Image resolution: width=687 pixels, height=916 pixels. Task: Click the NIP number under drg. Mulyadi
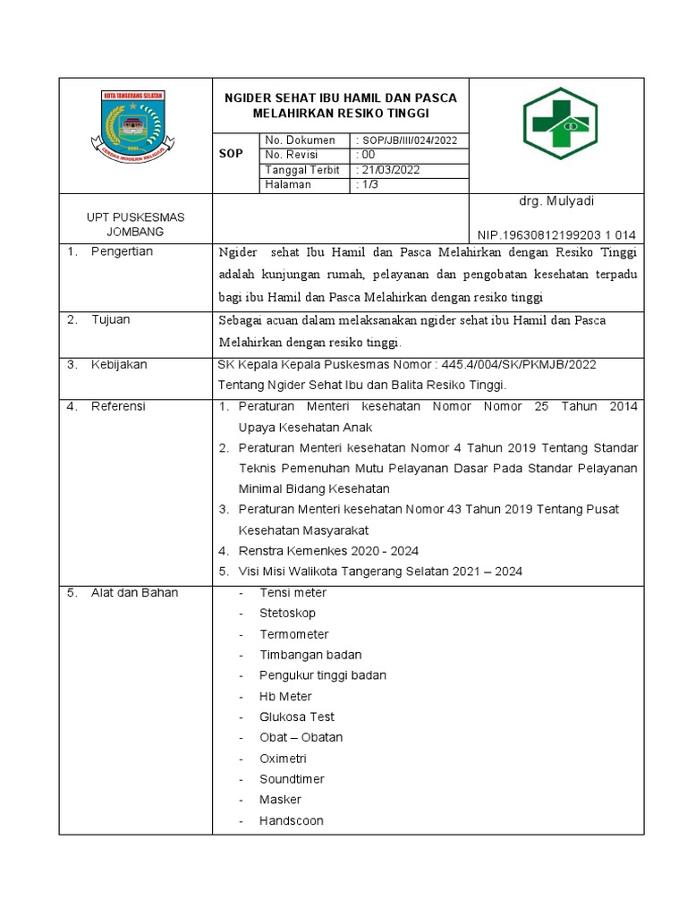(556, 234)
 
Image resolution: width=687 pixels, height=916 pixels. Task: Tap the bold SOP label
(231, 154)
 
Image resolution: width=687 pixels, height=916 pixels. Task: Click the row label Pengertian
(122, 251)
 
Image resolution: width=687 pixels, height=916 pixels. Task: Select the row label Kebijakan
(119, 365)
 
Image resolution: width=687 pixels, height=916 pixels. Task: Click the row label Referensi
(118, 407)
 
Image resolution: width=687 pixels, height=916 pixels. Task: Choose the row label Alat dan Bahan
(134, 593)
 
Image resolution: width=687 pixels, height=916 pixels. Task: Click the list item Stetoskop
(287, 614)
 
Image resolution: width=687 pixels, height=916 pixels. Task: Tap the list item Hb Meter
(285, 696)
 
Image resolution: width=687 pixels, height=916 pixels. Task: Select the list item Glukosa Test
(297, 717)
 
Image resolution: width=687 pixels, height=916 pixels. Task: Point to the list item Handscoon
(292, 820)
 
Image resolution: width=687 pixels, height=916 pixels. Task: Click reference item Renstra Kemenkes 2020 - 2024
(328, 551)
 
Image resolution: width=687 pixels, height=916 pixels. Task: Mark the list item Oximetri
(284, 759)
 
